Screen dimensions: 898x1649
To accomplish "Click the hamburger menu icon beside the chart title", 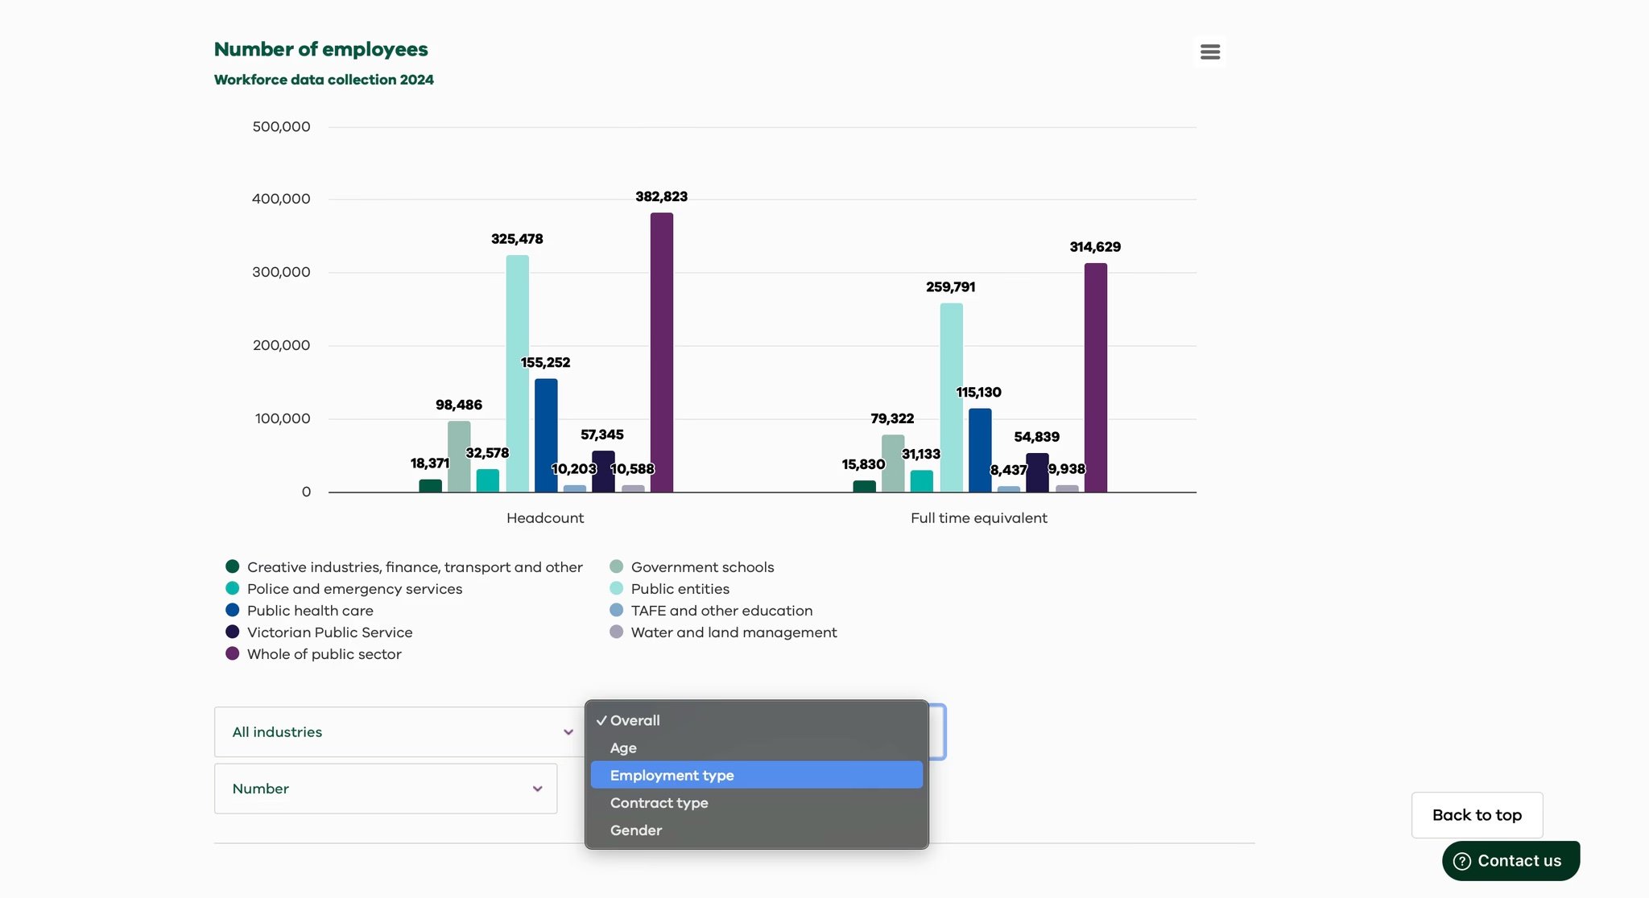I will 1209,51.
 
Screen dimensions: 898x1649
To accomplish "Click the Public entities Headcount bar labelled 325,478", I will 517,373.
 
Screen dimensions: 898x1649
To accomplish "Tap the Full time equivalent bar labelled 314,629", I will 1095,377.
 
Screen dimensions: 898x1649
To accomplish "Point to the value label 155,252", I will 545,363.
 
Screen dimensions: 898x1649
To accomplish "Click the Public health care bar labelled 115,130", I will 980,450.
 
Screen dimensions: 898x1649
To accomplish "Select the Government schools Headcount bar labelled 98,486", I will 459,456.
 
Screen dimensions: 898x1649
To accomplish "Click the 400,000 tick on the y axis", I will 281,199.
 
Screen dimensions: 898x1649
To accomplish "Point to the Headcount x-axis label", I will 545,518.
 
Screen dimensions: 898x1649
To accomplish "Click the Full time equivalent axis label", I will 978,518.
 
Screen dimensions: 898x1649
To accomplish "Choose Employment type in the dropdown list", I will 672,775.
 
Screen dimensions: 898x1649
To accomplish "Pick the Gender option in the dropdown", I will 636,830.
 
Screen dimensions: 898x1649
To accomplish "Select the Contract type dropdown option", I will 659,802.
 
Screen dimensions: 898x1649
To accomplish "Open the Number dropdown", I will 386,789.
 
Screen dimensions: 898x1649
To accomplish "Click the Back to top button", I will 1477,815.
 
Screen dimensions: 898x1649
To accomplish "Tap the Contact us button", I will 1511,860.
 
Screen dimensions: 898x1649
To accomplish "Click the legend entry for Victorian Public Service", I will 329,632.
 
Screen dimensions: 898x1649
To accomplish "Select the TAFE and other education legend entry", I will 721,611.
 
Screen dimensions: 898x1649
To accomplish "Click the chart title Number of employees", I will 320,49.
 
